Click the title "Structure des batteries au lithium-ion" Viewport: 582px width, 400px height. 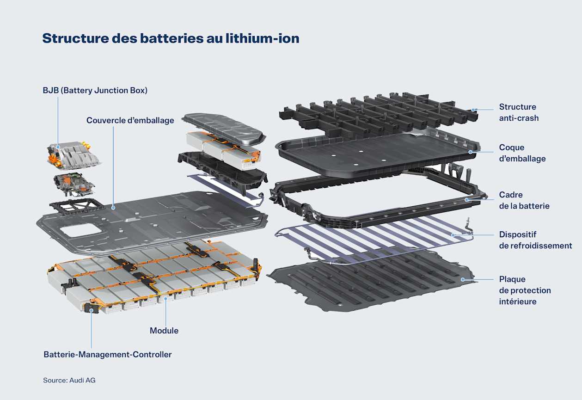tap(171, 38)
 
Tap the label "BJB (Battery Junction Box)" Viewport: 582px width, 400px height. tap(95, 91)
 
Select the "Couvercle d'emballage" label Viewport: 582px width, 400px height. tap(130, 121)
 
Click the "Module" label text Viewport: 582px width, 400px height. tap(164, 331)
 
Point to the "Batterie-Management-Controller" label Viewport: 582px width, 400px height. tap(107, 355)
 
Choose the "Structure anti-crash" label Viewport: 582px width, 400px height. tap(518, 112)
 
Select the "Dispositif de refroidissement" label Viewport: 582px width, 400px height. tap(535, 240)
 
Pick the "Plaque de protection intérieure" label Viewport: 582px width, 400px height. tap(525, 290)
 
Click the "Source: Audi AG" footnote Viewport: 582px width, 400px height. tap(69, 380)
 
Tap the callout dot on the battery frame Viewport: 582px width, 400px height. tap(467, 200)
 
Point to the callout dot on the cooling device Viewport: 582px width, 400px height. tap(453, 235)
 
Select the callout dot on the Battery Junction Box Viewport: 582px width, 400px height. tap(58, 147)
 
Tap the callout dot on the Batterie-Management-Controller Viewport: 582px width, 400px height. tap(92, 311)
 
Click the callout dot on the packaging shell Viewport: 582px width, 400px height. tap(470, 152)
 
